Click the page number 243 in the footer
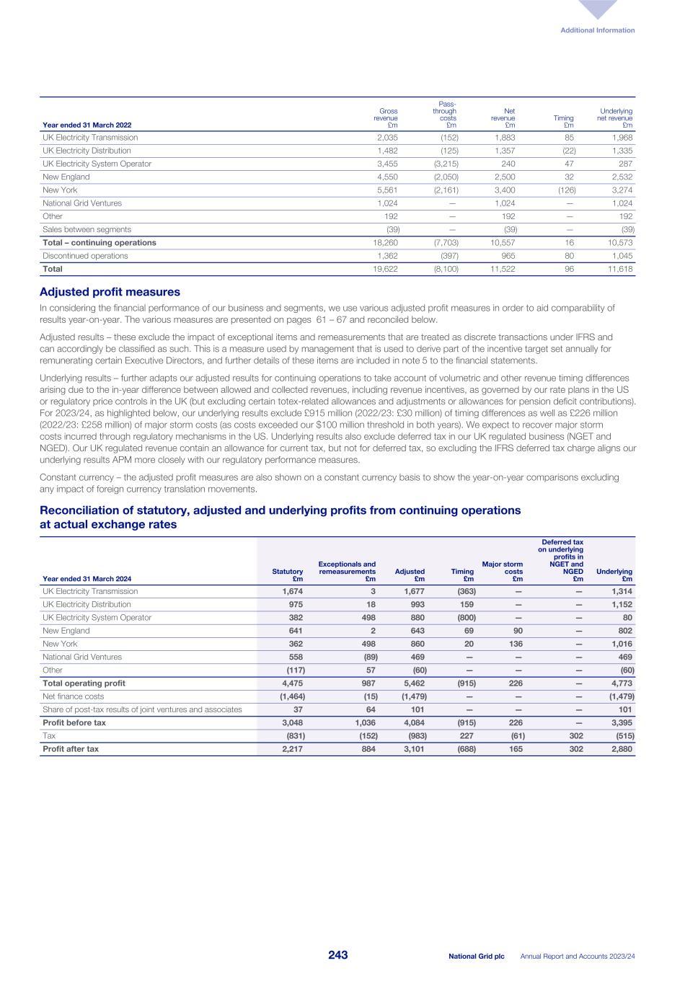[337, 955]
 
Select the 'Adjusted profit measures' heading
[109, 292]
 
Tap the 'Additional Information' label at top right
[598, 30]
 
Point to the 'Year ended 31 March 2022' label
[87, 125]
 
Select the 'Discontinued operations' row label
[85, 256]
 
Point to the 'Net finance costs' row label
[74, 696]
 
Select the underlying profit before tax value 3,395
[621, 722]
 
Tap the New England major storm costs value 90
[518, 631]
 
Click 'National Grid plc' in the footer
[476, 957]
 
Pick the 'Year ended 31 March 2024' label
[87, 579]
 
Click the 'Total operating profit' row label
[84, 683]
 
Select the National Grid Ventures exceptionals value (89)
[367, 657]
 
